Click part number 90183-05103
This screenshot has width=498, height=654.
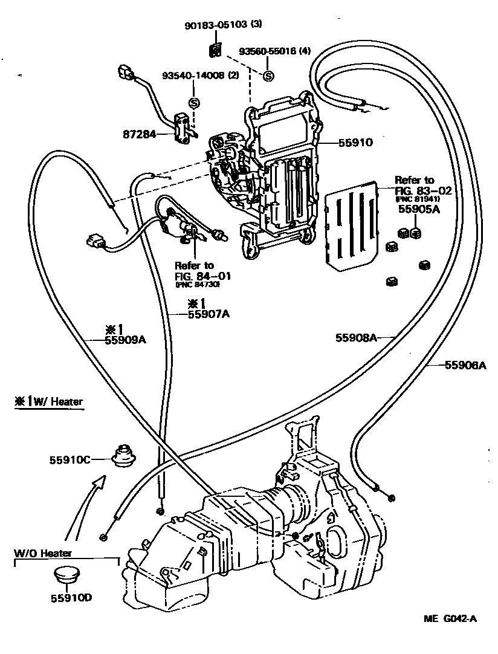[216, 25]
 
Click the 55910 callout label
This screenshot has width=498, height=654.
[355, 143]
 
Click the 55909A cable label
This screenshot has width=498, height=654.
[126, 340]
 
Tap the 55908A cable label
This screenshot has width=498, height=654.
[357, 338]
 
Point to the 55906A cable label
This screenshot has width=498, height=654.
[465, 364]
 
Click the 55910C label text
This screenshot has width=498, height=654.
[70, 460]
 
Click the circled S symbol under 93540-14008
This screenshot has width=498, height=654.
[194, 103]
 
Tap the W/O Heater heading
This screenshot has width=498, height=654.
[44, 553]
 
